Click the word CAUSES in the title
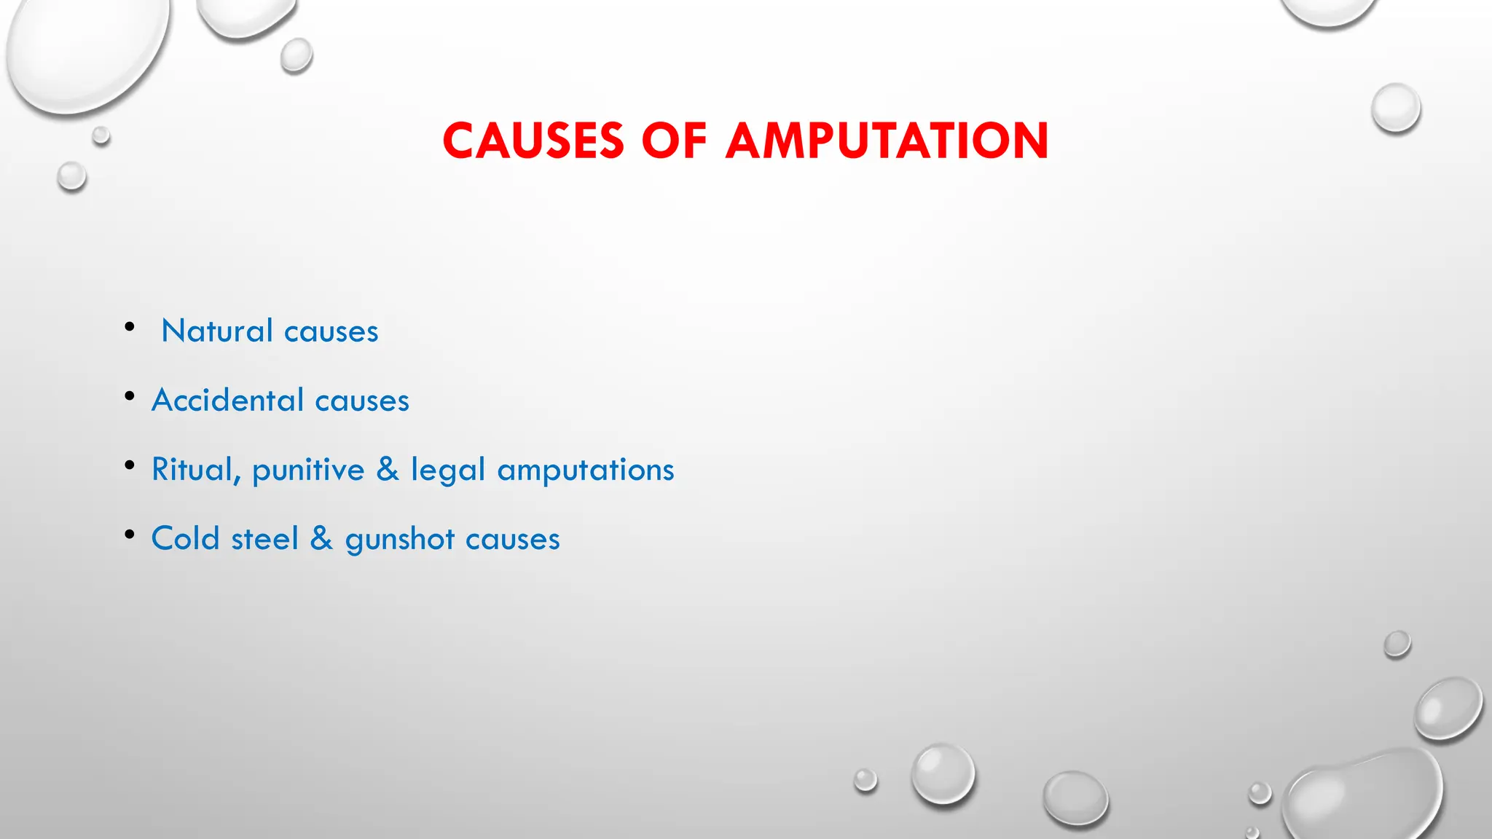pos(533,141)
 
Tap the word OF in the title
pos(674,141)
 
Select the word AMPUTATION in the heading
pos(887,141)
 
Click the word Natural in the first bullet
pos(217,331)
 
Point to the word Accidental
pos(227,401)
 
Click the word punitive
pos(308,470)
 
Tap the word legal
pos(447,470)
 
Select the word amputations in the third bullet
pos(586,470)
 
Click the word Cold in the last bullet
pos(185,539)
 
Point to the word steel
pos(264,539)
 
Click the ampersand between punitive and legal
pos(388,470)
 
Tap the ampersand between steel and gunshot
pos(321,539)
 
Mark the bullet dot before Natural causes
pos(130,326)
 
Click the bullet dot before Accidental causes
pos(130,396)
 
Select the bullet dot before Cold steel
pos(130,535)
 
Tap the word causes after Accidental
pos(362,401)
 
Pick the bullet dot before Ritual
pos(130,465)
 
